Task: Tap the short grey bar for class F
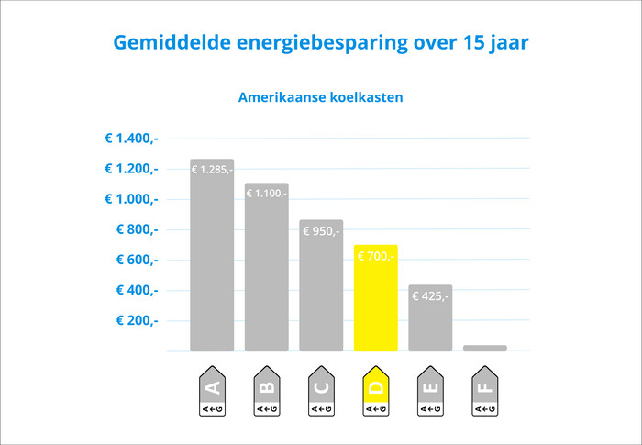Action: click(x=484, y=348)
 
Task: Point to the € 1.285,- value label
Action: click(x=212, y=170)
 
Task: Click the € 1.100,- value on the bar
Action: click(x=266, y=194)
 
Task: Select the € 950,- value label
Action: click(x=321, y=231)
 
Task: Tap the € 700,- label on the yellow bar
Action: click(x=375, y=257)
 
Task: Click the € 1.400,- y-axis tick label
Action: click(x=131, y=139)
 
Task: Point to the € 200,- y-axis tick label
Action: click(x=137, y=320)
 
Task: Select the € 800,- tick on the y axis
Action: click(x=137, y=229)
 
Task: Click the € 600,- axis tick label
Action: click(x=137, y=260)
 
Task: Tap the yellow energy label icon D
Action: click(x=375, y=392)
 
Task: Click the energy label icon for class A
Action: click(x=212, y=392)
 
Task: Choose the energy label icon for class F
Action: click(x=484, y=392)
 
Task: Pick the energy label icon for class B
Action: click(x=266, y=392)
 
